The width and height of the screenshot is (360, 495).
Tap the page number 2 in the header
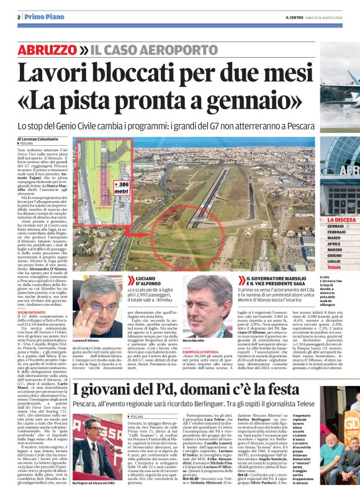pos(19,17)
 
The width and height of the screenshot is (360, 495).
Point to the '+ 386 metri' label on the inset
pos(122,187)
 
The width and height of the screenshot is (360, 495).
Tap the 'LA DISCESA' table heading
pos(341,220)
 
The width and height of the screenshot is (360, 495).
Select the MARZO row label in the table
pos(334,238)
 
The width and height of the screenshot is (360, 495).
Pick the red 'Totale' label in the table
pos(334,267)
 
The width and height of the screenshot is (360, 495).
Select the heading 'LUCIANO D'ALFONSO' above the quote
pos(148,282)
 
